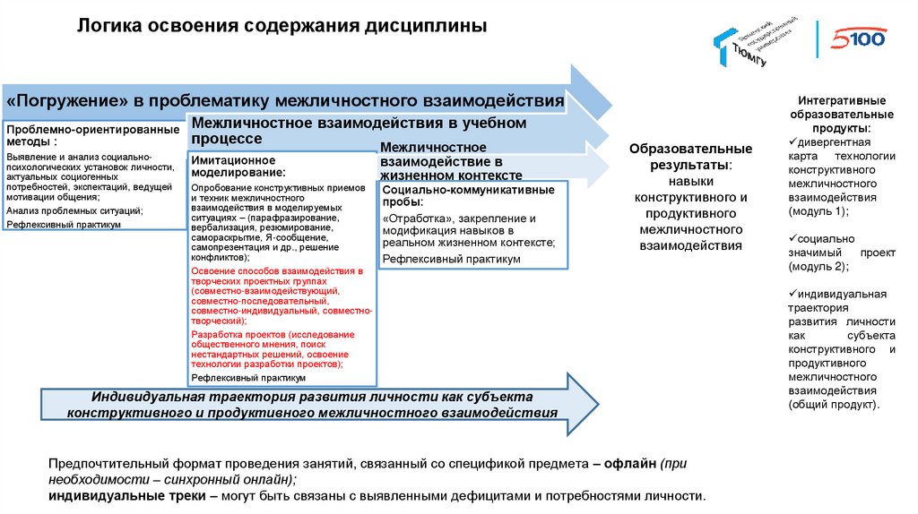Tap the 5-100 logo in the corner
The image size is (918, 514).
point(858,39)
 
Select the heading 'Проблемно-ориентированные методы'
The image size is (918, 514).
point(92,135)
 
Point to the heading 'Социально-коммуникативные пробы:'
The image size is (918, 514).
point(473,196)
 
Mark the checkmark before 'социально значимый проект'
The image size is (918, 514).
point(792,239)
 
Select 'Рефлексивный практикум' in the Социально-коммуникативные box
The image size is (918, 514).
point(451,259)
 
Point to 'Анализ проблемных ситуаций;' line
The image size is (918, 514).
point(74,210)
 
